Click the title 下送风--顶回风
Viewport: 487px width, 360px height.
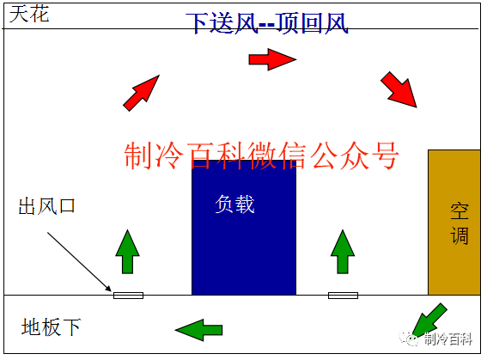pos(267,23)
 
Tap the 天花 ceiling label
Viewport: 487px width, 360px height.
pos(29,14)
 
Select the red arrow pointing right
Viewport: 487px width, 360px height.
pos(272,59)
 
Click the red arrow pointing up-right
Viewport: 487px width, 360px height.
pos(142,93)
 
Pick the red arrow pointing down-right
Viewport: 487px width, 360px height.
pos(399,89)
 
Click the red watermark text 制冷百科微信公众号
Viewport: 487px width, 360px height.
pos(261,156)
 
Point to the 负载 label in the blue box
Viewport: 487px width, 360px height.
pos(234,204)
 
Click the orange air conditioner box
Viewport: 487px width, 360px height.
pos(454,222)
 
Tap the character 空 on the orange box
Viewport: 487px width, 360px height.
pos(460,211)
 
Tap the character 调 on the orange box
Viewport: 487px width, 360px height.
pos(460,235)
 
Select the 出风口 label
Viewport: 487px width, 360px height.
pos(46,206)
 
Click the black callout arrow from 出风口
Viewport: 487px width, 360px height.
pos(79,262)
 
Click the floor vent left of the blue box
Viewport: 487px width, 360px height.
pos(128,296)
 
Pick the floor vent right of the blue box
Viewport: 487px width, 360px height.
pos(344,296)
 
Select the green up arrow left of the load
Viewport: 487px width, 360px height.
pos(128,252)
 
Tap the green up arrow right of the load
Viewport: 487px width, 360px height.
pos(343,252)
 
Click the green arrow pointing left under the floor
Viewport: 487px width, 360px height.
pos(198,330)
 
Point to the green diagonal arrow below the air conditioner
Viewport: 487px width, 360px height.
pos(429,320)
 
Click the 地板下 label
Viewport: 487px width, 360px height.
pos(52,326)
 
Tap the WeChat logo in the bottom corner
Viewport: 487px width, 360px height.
pos(410,339)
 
